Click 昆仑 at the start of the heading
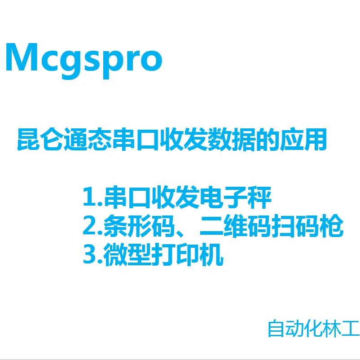point(40,139)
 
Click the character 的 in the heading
point(267,139)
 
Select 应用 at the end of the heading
point(303,139)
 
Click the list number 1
point(88,197)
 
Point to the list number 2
point(89,225)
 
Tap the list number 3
point(89,255)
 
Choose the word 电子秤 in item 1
point(236,197)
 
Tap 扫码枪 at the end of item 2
point(307,226)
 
